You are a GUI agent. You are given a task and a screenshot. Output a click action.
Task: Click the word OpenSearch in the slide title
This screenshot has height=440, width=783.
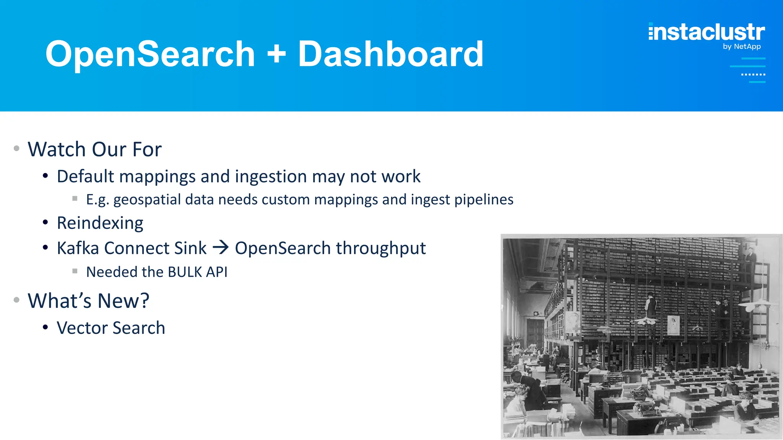pos(150,54)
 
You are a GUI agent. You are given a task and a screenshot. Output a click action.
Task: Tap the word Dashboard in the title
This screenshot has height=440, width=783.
pos(390,54)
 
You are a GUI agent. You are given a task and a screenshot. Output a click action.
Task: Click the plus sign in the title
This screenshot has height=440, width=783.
pos(276,54)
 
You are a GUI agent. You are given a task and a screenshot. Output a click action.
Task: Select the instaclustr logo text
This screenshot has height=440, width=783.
pos(707,32)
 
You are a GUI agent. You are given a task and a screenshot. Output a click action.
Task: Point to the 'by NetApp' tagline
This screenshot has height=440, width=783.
pos(742,47)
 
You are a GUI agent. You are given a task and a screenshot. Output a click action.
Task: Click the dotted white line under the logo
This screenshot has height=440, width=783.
pos(753,74)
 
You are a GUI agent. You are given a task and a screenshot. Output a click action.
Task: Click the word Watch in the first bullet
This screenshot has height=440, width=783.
pos(57,149)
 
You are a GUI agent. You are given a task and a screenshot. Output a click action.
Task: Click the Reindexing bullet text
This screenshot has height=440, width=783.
pos(100,223)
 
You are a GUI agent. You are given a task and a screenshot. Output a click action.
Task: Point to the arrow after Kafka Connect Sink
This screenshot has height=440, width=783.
pos(221,247)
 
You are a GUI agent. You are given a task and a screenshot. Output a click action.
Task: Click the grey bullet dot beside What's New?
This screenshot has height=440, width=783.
pos(16,300)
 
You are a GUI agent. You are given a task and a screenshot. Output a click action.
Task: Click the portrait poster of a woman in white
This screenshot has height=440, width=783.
pos(673,325)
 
